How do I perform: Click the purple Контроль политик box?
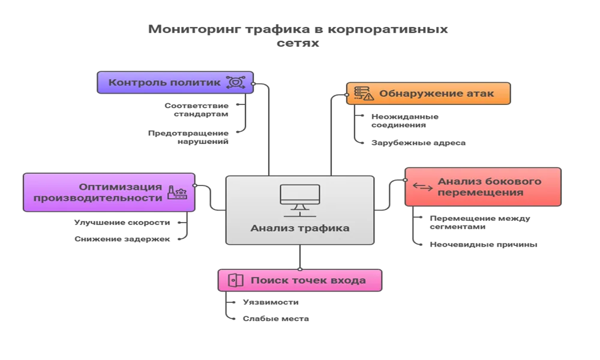click(173, 82)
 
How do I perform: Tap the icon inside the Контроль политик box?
click(235, 82)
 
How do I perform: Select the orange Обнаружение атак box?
click(428, 94)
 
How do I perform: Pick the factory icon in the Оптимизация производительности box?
click(177, 192)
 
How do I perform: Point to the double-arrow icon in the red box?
click(422, 187)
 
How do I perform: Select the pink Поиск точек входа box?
click(300, 280)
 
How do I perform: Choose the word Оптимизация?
click(121, 185)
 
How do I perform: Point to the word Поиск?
click(266, 280)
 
